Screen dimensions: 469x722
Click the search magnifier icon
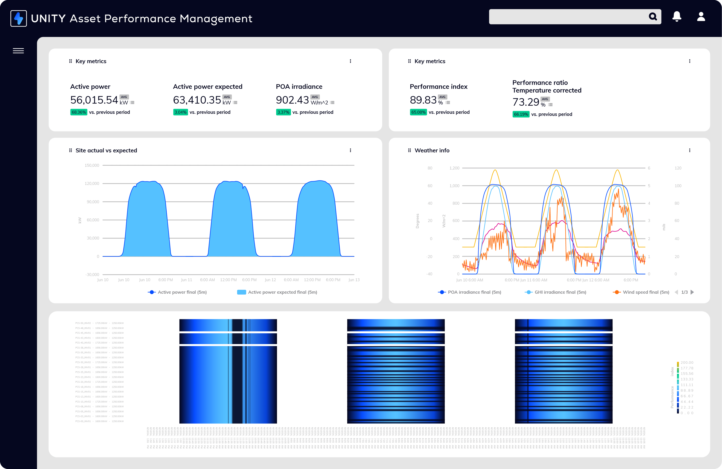(x=652, y=16)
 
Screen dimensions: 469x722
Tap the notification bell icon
(x=677, y=16)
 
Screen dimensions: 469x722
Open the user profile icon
(x=701, y=16)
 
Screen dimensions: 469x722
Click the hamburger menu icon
(x=18, y=51)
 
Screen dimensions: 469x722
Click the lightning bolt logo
(x=19, y=19)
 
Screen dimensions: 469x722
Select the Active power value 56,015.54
(x=94, y=100)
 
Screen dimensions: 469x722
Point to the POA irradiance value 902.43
(x=292, y=100)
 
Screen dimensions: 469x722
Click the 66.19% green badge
(x=521, y=114)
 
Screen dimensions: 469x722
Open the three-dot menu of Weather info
(x=690, y=150)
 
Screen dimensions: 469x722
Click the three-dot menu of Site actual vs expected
(x=350, y=150)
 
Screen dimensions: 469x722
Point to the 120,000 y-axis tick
(x=92, y=184)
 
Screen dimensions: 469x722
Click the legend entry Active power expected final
(x=282, y=292)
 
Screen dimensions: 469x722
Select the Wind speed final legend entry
(x=646, y=292)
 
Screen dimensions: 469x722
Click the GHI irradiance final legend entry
(x=560, y=292)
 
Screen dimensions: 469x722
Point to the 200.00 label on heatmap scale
(x=687, y=363)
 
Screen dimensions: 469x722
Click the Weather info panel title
(x=432, y=150)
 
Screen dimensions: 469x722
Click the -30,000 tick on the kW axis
(x=92, y=274)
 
